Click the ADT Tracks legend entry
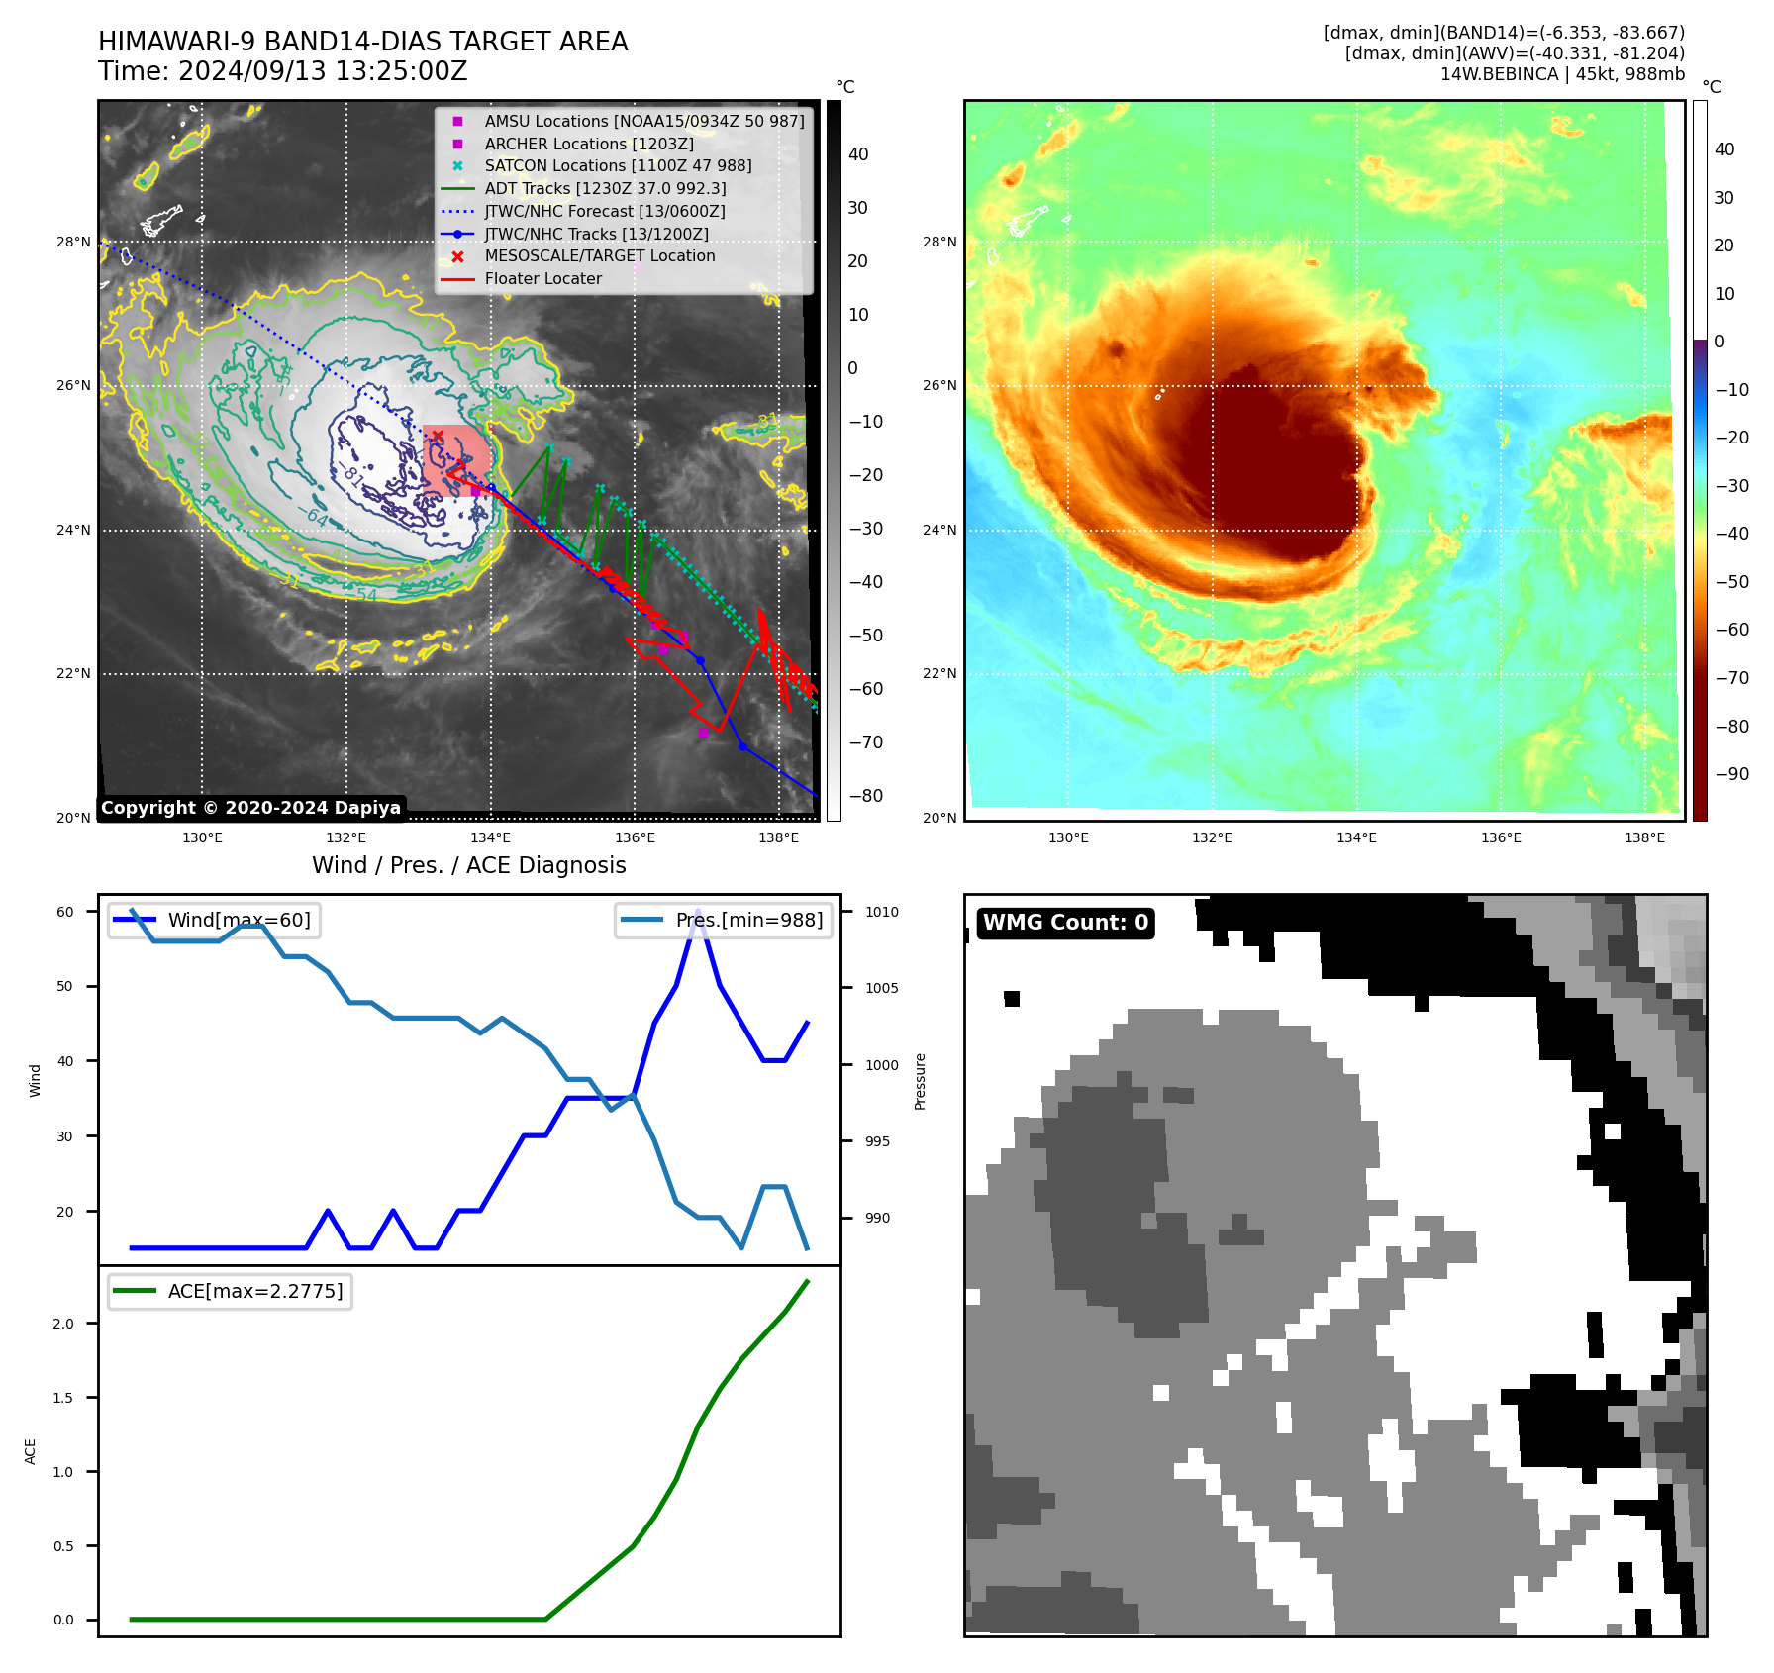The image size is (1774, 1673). [605, 188]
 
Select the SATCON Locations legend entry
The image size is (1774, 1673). [618, 165]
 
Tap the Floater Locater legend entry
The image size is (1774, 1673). [542, 278]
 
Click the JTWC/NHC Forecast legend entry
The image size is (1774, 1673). [604, 211]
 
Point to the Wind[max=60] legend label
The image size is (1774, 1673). [239, 920]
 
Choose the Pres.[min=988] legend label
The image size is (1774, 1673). [748, 920]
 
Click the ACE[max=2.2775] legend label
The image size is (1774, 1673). [255, 1291]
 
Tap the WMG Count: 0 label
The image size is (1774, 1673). [1065, 923]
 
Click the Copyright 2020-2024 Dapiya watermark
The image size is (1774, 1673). [250, 808]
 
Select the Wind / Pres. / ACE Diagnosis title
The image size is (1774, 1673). [468, 865]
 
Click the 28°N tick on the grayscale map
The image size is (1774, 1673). [73, 242]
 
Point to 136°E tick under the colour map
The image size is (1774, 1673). [1501, 837]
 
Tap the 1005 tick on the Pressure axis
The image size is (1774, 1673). [881, 988]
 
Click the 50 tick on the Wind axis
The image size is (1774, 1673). [65, 986]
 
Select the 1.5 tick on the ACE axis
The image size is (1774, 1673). [63, 1398]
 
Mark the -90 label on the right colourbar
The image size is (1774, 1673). [1731, 774]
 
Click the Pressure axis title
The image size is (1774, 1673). [920, 1081]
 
